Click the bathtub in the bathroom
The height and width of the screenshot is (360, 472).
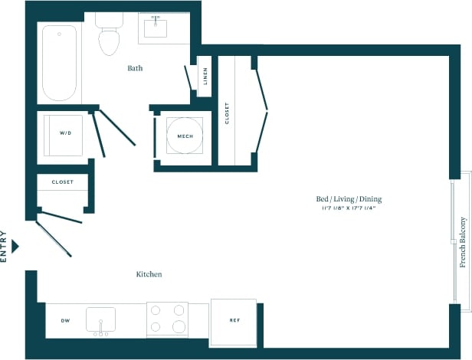[59, 63]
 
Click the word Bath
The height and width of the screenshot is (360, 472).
[135, 68]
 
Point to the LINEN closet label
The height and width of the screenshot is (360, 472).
[205, 77]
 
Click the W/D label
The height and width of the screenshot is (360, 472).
[65, 133]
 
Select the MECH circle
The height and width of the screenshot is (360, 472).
[185, 136]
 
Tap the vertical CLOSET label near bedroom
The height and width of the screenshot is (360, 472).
[227, 113]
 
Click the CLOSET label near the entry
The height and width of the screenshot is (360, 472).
[63, 182]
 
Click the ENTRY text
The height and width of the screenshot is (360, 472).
[4, 247]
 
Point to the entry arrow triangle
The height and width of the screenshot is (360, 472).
[15, 246]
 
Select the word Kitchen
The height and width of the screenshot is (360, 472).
[149, 274]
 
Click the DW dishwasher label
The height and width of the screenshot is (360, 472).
[65, 320]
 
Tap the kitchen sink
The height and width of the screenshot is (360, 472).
[100, 319]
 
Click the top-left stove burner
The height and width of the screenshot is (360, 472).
[156, 310]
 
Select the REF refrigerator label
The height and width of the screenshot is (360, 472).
[233, 320]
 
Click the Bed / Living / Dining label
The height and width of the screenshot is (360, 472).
[349, 199]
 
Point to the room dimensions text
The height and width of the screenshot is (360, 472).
[349, 208]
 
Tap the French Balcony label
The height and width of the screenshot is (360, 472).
[463, 242]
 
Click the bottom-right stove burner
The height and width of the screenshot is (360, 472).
[179, 326]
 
